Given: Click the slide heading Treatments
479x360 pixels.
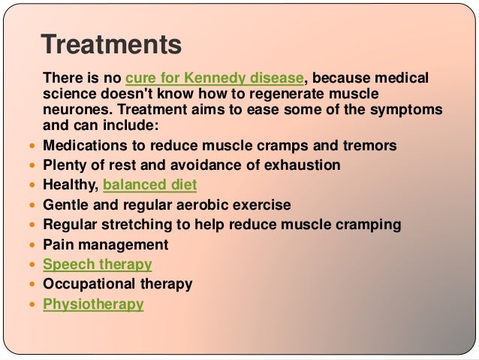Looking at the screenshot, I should pos(111,45).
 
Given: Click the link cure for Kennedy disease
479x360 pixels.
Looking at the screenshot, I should pos(215,77).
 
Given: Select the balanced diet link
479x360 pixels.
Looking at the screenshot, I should pos(150,185).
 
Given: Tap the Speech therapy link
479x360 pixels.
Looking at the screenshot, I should pos(98,265).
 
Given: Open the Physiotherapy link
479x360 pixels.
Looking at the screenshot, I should pos(93,304).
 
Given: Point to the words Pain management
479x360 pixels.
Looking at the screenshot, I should pos(106,244).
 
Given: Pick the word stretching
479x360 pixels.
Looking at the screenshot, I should pos(140,225).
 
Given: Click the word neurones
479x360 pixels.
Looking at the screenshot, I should pos(74,109).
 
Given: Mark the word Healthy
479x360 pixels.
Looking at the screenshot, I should pos(69,185).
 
